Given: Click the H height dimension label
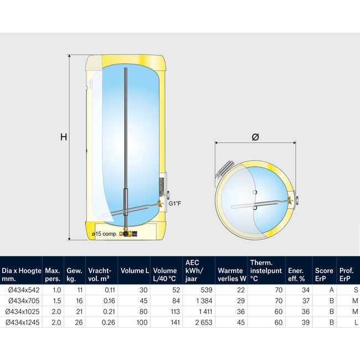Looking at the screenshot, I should pyautogui.click(x=64, y=137).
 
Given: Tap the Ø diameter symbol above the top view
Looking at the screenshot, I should pyautogui.click(x=255, y=137).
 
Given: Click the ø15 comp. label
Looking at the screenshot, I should pyautogui.click(x=107, y=234).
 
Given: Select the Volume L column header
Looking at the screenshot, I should pyautogui.click(x=135, y=271).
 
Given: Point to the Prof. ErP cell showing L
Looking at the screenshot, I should pyautogui.click(x=354, y=322).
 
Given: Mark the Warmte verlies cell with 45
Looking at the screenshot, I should pyautogui.click(x=240, y=322).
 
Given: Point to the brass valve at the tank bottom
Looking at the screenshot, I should pyautogui.click(x=127, y=234).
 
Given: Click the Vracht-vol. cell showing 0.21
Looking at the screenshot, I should pyautogui.click(x=109, y=311).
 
